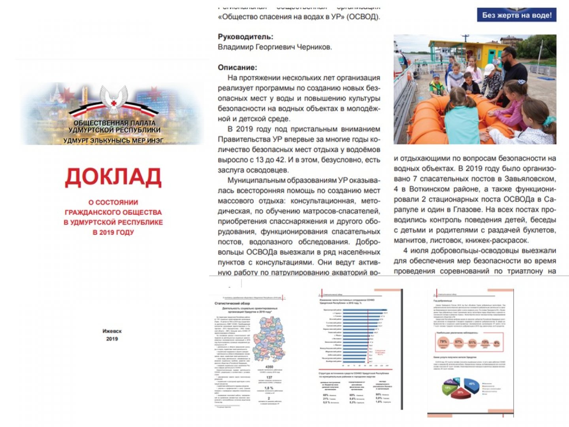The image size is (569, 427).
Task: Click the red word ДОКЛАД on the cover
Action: pos(113,177)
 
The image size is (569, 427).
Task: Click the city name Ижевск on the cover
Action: pos(112,331)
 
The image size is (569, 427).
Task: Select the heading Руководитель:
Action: pos(245,37)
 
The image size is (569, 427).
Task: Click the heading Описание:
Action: pos(237,68)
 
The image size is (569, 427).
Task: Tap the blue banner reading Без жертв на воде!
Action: pos(516,15)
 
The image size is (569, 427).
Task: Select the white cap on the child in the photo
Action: pos(489,69)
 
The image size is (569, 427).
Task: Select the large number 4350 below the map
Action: pos(269,367)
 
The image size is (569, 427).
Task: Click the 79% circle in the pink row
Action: pos(443,342)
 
